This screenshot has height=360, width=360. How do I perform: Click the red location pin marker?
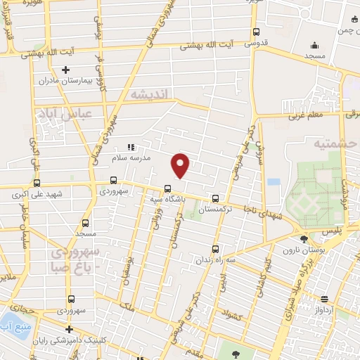tap(181, 165)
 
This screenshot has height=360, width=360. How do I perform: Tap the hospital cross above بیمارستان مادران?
tap(65, 70)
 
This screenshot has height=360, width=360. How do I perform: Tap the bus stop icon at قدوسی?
tap(256, 32)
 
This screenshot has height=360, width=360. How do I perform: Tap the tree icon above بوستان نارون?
tap(304, 238)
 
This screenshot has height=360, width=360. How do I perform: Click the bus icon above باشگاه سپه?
tap(167, 188)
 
